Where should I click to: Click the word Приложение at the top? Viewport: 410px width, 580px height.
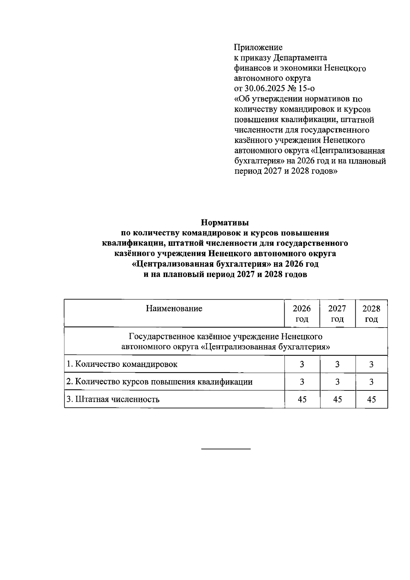[258, 47]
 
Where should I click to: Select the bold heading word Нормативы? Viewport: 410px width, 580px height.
[225, 223]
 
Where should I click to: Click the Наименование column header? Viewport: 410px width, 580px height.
[174, 309]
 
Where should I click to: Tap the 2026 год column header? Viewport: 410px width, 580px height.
[302, 314]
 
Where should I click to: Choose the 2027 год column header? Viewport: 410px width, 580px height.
[337, 314]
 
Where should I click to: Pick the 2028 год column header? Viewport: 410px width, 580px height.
[371, 314]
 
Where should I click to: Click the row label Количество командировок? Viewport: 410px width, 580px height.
[122, 364]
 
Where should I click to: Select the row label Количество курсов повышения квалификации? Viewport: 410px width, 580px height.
[160, 382]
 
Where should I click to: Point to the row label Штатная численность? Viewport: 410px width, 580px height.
[113, 399]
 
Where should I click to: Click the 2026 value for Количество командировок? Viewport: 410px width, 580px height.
[302, 364]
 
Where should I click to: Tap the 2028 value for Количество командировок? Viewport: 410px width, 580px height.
[371, 364]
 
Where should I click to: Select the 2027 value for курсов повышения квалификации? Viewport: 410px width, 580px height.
[337, 382]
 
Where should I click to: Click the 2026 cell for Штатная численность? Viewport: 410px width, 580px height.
[302, 399]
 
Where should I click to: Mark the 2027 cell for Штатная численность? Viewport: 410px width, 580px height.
[337, 399]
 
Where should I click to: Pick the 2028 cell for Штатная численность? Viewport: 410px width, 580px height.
[371, 399]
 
